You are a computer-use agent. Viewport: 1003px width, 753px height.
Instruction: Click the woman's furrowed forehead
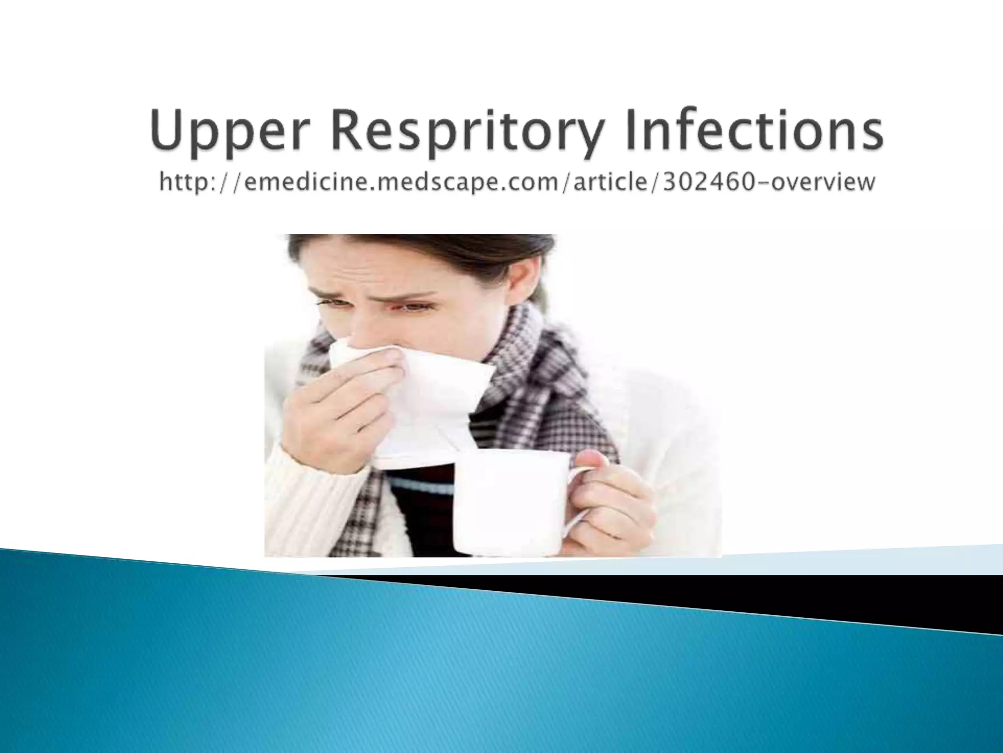click(x=382, y=275)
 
